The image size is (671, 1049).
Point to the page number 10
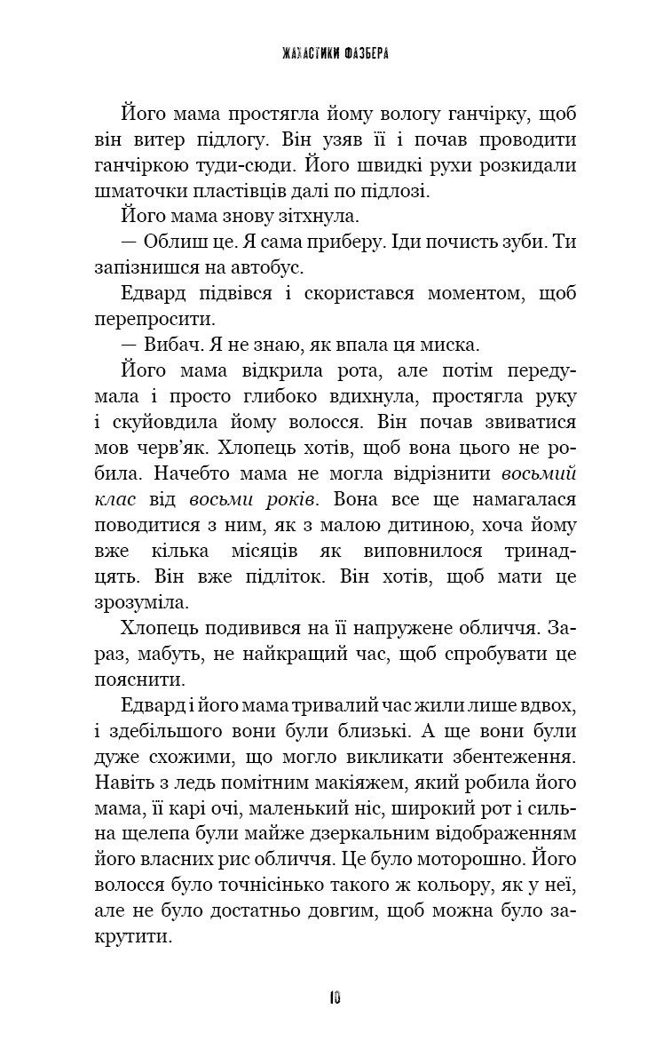click(x=335, y=997)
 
